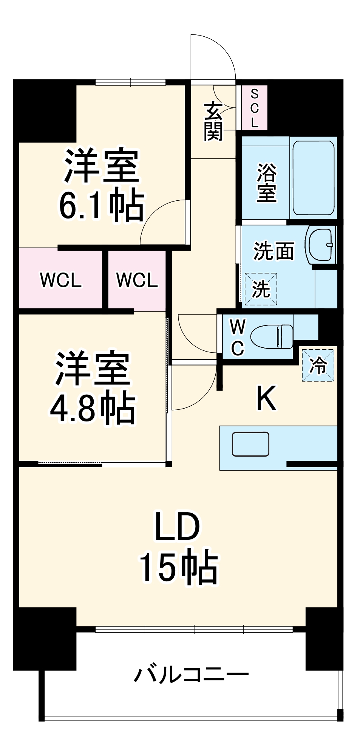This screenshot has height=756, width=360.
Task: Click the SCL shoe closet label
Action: (254, 108)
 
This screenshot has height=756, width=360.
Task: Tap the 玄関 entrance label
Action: (213, 121)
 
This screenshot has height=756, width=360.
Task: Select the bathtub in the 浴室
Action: (313, 178)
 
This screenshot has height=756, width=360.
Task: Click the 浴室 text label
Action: (266, 183)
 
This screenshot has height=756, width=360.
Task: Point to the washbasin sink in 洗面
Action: (321, 245)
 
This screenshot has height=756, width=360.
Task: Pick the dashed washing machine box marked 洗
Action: (261, 289)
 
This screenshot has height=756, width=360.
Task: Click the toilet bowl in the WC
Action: (272, 336)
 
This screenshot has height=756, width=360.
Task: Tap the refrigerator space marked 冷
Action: (318, 365)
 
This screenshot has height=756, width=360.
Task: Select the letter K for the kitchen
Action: (266, 398)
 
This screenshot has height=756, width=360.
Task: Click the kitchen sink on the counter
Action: (250, 444)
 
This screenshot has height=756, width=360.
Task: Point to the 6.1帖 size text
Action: (101, 206)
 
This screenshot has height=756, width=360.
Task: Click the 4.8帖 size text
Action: (93, 409)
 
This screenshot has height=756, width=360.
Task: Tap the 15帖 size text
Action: (179, 568)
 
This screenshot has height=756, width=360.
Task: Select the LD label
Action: (177, 527)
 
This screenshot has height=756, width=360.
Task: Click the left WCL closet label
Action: (60, 280)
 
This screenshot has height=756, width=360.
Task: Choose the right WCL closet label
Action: (137, 280)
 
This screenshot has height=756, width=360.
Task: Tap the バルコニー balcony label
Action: (192, 674)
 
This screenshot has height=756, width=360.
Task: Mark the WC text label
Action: (238, 338)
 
